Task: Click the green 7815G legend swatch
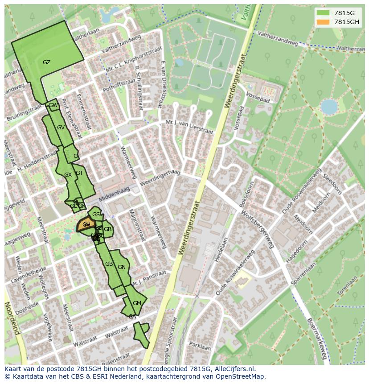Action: (323, 13)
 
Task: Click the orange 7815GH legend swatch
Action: (323, 22)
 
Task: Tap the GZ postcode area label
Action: (46, 62)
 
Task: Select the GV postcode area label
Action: (61, 128)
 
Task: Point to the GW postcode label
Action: (53, 105)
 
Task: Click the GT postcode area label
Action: (79, 173)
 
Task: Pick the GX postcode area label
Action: (68, 175)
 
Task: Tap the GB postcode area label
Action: (109, 264)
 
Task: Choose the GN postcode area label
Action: (122, 267)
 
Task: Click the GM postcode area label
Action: (137, 303)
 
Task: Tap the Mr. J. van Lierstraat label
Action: (189, 127)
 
